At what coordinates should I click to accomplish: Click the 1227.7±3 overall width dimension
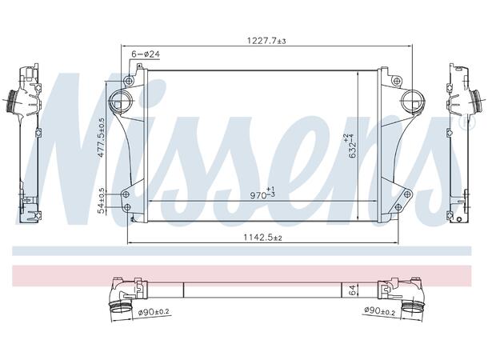click(264, 39)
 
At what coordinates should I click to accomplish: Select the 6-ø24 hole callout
click(146, 54)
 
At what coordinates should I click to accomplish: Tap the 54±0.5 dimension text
click(101, 200)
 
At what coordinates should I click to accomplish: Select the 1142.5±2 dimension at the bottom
click(263, 238)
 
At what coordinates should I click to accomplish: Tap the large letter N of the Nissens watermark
click(80, 144)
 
